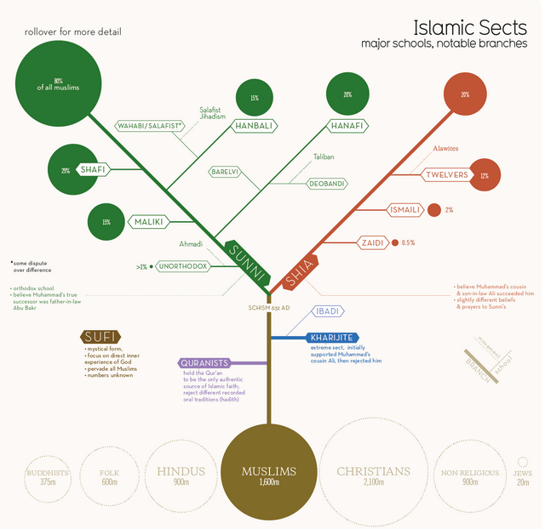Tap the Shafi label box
click(93, 169)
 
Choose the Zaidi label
click(371, 242)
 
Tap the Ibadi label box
click(328, 311)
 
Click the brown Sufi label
click(100, 338)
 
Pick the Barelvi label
click(224, 171)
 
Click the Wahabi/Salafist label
click(151, 126)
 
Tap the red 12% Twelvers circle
click(484, 176)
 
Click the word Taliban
click(324, 157)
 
